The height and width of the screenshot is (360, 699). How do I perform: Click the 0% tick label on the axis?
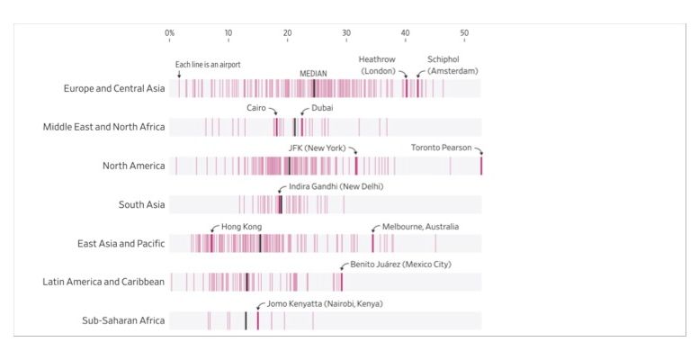point(169,33)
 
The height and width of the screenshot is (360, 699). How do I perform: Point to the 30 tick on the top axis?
point(346,33)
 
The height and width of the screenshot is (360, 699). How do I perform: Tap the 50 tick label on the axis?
point(464,33)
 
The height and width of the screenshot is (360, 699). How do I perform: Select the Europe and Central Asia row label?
point(114,88)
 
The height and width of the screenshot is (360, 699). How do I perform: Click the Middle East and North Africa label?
point(103,127)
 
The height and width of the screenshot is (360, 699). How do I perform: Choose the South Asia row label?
point(142,204)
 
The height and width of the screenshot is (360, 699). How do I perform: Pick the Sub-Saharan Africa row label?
point(123,320)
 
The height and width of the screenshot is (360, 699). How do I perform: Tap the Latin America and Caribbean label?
point(103,282)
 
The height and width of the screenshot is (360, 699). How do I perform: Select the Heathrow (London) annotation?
point(377,65)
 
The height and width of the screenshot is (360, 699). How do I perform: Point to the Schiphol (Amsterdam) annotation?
point(453,65)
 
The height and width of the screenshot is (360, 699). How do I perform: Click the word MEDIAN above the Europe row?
point(313,74)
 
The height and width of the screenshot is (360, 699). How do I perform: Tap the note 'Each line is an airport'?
point(208,65)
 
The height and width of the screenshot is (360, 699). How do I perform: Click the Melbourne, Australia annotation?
point(421,226)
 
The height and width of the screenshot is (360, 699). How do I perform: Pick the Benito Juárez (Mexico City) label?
point(400,265)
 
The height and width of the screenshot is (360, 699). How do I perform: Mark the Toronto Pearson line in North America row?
point(481,166)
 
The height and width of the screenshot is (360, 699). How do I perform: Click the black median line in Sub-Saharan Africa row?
point(246,320)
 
